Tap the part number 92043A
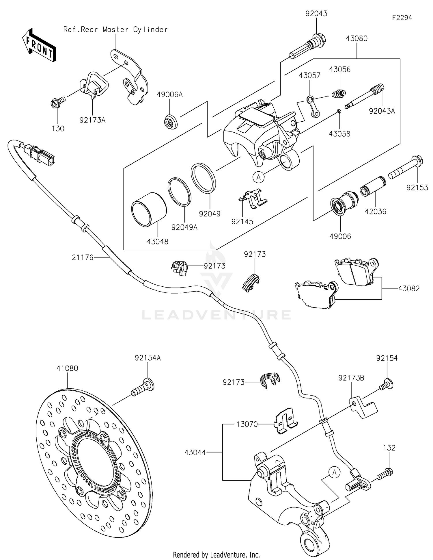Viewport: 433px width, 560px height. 382,111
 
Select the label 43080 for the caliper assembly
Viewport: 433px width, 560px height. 357,38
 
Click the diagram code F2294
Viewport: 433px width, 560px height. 402,18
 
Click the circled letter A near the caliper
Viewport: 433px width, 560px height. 258,177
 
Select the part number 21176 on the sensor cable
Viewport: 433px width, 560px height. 83,257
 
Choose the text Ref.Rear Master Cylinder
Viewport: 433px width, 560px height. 115,29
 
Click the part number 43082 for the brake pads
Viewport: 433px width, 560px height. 409,288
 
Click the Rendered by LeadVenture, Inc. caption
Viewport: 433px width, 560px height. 216,555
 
